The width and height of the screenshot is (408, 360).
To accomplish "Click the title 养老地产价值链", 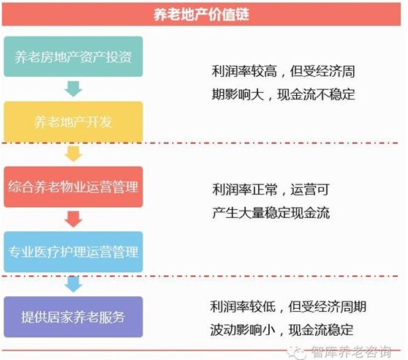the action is point(201,15).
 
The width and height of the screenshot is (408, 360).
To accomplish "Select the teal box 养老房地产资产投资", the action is point(73,56).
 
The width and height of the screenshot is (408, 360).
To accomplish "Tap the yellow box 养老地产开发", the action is point(73,121).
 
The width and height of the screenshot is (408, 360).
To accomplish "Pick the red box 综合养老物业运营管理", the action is point(73,187).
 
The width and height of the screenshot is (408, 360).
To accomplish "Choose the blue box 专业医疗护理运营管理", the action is point(73,252).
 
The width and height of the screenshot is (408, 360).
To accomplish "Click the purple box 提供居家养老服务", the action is point(73,317).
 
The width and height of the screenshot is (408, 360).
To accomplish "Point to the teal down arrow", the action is point(73,89).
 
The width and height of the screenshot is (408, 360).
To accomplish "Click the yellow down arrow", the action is point(73,154).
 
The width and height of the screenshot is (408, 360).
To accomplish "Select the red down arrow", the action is point(73,219).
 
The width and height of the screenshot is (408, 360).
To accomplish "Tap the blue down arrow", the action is point(73,284).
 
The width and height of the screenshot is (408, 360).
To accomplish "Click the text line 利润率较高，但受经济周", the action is point(284,71).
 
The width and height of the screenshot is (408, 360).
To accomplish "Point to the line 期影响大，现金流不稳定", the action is point(284,94).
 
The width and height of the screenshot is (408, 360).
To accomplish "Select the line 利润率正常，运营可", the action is point(271,190).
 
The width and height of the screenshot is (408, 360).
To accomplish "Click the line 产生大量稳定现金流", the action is point(271,213).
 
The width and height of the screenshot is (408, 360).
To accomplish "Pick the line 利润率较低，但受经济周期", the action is point(288,307).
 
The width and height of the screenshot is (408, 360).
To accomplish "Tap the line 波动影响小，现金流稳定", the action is point(282,330).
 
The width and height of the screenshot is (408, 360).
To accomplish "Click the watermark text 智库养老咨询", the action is point(351,352).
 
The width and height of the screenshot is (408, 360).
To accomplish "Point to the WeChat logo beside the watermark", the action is point(297,353).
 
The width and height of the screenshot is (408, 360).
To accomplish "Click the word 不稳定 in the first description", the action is point(336,94).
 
